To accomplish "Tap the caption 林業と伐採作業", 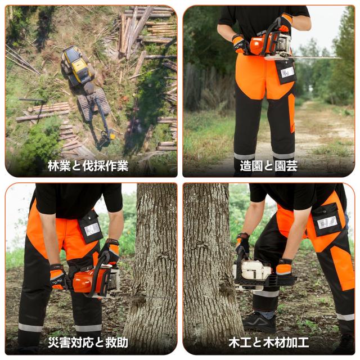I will [88, 165].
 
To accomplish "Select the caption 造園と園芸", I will [268, 165].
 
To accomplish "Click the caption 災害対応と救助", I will [88, 341].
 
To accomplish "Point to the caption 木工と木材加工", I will [268, 341].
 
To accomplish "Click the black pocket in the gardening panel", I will [286, 71].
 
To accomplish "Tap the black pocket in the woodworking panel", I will [327, 219].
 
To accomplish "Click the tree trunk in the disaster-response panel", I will [149, 264].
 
